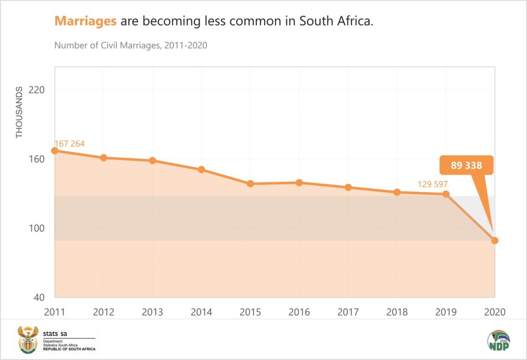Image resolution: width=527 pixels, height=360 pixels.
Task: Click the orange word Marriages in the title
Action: click(85, 22)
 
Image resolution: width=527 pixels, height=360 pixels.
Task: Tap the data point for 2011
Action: click(55, 151)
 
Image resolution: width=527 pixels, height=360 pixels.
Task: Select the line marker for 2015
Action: click(250, 184)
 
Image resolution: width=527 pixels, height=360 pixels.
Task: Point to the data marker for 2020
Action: click(495, 241)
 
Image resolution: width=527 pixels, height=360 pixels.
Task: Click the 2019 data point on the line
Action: click(446, 194)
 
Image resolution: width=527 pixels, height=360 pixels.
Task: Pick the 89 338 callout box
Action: click(466, 166)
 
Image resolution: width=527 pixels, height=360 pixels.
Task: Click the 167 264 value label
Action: click(69, 144)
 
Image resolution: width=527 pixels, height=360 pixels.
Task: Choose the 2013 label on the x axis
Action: click(152, 312)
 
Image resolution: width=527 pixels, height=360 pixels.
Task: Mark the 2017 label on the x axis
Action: click(348, 312)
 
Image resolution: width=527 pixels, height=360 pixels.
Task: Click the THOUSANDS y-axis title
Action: click(20, 112)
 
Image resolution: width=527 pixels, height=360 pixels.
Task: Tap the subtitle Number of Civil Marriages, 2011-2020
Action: click(131, 45)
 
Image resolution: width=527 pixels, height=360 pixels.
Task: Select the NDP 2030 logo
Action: click(498, 342)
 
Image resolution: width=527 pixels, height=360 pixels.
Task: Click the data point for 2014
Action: click(201, 169)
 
